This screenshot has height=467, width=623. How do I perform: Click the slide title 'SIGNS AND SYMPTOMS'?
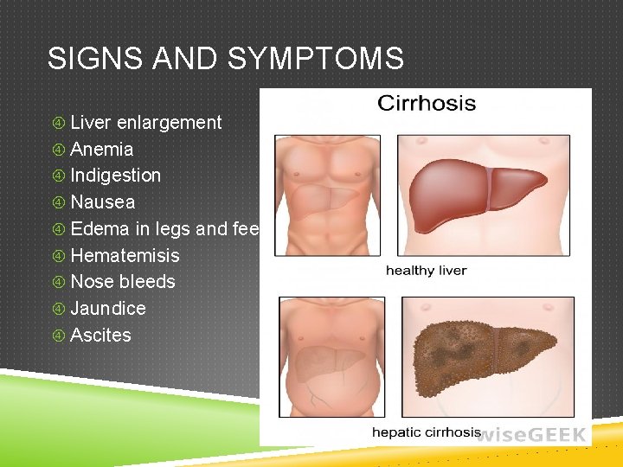coord(225,59)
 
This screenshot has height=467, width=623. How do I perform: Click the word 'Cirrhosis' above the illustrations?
coord(426,104)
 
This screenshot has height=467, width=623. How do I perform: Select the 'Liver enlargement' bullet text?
coord(145,123)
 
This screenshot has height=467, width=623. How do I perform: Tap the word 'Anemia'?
coord(101,150)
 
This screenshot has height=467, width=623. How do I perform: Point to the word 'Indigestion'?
coord(115,176)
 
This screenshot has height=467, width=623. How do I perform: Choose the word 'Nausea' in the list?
coord(102,202)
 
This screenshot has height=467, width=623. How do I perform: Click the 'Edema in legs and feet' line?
coord(164,229)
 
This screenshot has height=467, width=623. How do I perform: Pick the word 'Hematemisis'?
coord(125,256)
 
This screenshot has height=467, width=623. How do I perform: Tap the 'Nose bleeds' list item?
coord(122,282)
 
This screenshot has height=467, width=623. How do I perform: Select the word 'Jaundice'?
coord(107,309)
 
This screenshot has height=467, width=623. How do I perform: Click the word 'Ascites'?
coord(100,336)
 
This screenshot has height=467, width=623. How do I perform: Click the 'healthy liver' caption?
coord(426,271)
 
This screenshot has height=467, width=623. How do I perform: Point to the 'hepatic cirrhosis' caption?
coord(426,432)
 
